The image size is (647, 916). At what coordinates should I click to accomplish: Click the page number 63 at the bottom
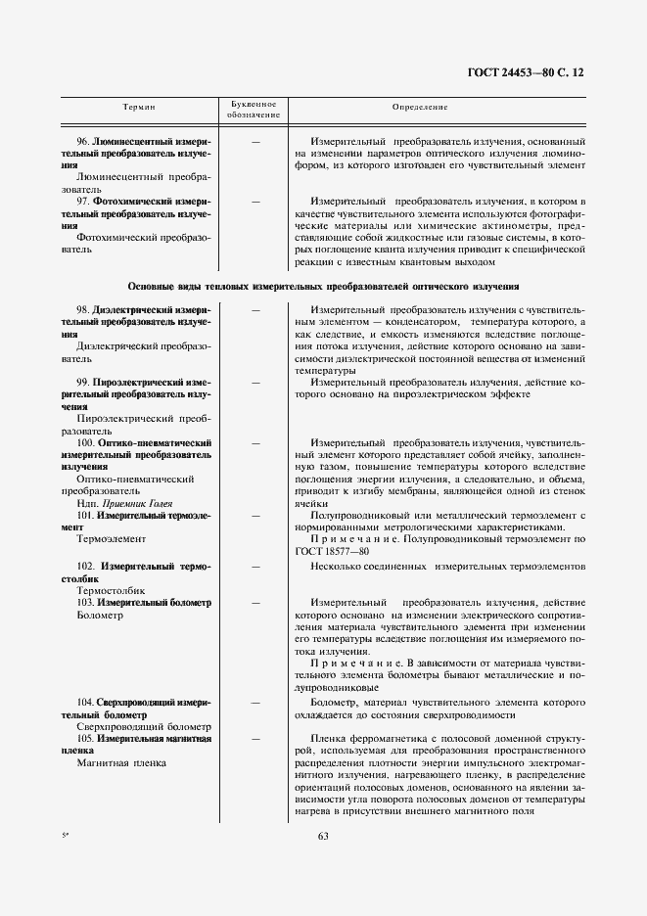324,835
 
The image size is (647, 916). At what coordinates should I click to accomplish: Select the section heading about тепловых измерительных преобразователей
323,286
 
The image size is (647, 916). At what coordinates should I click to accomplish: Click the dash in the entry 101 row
254,515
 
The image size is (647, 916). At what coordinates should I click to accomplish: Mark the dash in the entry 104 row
254,703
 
